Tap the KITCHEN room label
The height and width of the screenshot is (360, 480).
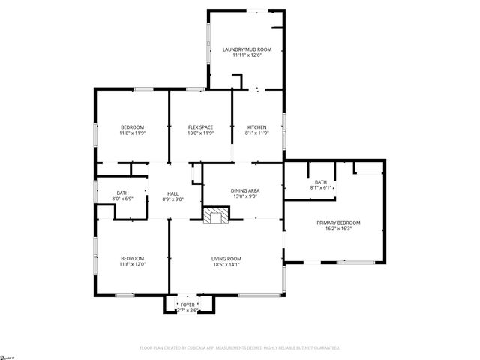[x=257, y=127]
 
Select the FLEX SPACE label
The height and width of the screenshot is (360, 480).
[x=200, y=127]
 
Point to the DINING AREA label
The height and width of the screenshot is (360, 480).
[x=244, y=190]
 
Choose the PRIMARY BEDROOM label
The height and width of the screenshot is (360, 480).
[x=339, y=223]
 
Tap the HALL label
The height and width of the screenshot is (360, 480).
[x=172, y=193]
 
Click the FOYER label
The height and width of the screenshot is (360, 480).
[x=187, y=304]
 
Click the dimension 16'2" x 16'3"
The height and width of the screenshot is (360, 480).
[x=339, y=229]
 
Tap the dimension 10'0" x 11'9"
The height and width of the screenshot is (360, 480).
[x=200, y=133]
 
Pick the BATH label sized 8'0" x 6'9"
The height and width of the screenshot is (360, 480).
[x=122, y=193]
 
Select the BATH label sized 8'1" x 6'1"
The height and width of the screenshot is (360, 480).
[x=321, y=182]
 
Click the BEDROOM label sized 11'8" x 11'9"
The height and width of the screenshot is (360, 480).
[x=132, y=127]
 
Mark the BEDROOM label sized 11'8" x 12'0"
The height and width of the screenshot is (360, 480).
[x=132, y=258]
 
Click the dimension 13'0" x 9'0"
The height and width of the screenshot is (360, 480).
[x=244, y=196]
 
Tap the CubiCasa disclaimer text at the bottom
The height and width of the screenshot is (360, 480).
[x=240, y=348]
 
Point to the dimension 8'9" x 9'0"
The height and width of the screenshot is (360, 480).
[x=172, y=199]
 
